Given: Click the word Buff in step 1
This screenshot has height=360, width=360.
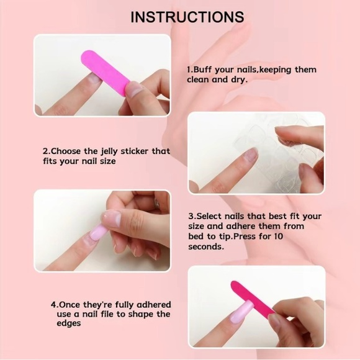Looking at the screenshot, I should pyautogui.click(x=204, y=70).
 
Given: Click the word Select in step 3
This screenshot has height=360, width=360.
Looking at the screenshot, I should pyautogui.click(x=211, y=217).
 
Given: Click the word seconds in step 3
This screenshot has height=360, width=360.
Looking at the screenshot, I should pyautogui.click(x=205, y=246).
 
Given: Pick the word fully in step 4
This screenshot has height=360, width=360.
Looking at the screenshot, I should pyautogui.click(x=121, y=305).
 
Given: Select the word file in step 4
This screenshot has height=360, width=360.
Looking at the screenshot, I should pyautogui.click(x=107, y=314).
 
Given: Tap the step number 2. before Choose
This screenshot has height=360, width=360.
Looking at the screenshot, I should pyautogui.click(x=46, y=151).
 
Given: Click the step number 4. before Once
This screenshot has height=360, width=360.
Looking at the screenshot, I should pyautogui.click(x=55, y=305).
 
